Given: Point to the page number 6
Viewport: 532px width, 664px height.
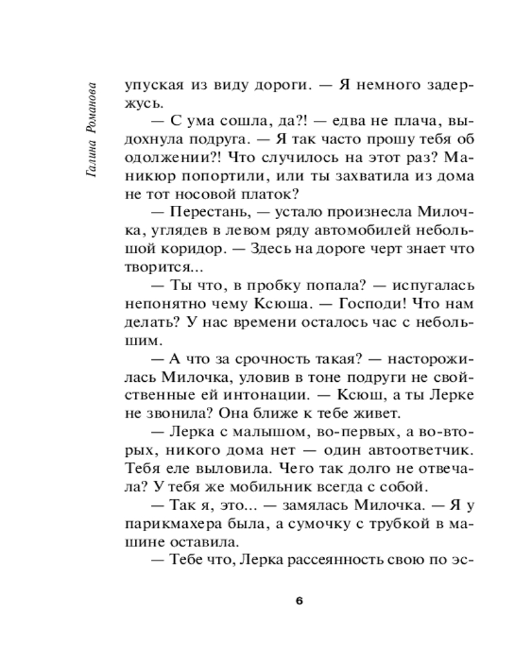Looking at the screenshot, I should coord(299,601).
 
